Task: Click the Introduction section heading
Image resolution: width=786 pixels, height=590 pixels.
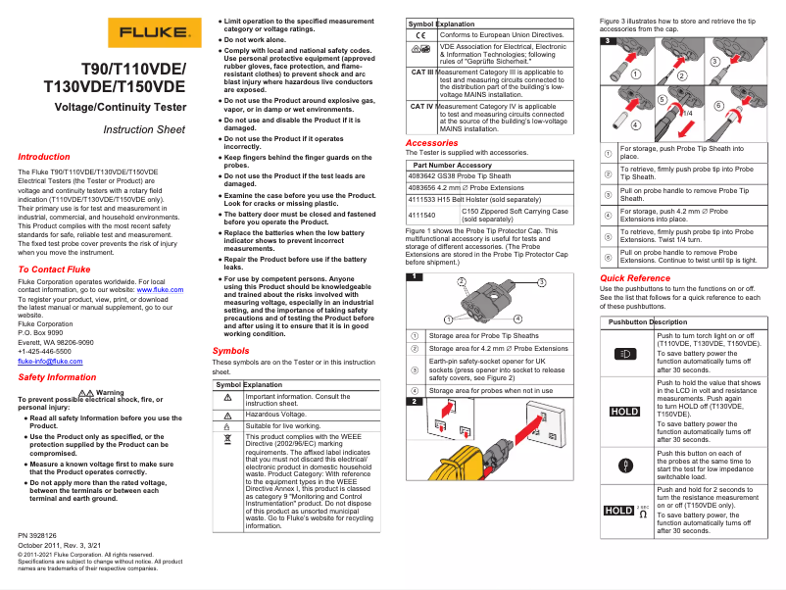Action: click(45, 157)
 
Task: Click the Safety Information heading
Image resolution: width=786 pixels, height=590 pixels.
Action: click(58, 377)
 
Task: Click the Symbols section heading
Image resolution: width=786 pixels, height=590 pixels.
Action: click(230, 351)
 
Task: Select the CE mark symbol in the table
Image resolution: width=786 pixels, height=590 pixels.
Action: click(420, 35)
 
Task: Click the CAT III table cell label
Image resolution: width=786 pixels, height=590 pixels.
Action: click(421, 73)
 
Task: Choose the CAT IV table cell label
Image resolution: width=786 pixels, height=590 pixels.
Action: click(421, 106)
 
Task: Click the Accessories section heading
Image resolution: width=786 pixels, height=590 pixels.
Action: click(431, 143)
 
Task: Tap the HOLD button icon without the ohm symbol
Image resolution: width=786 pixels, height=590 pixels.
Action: click(625, 411)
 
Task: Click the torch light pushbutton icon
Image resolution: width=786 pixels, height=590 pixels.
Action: click(625, 352)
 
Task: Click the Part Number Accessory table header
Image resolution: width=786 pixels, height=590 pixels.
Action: click(455, 166)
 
